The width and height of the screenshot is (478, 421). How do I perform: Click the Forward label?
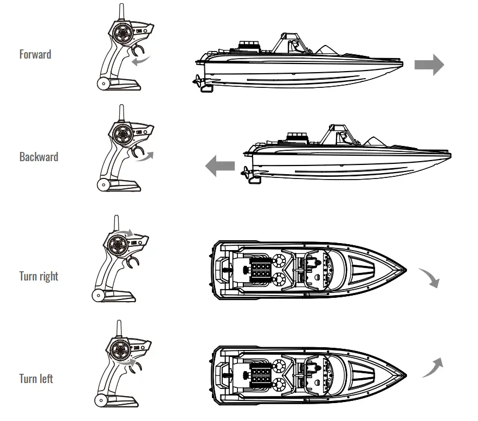(35, 54)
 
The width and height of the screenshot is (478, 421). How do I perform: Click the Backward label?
(38, 157)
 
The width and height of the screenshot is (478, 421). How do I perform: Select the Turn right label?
(38, 276)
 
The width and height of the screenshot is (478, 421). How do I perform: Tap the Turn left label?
(36, 378)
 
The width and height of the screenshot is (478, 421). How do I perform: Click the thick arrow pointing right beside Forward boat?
(429, 65)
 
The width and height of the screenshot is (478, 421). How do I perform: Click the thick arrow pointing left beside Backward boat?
(220, 165)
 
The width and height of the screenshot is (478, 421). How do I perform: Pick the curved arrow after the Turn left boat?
(431, 367)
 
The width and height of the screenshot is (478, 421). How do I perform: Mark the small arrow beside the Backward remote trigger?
(145, 157)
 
